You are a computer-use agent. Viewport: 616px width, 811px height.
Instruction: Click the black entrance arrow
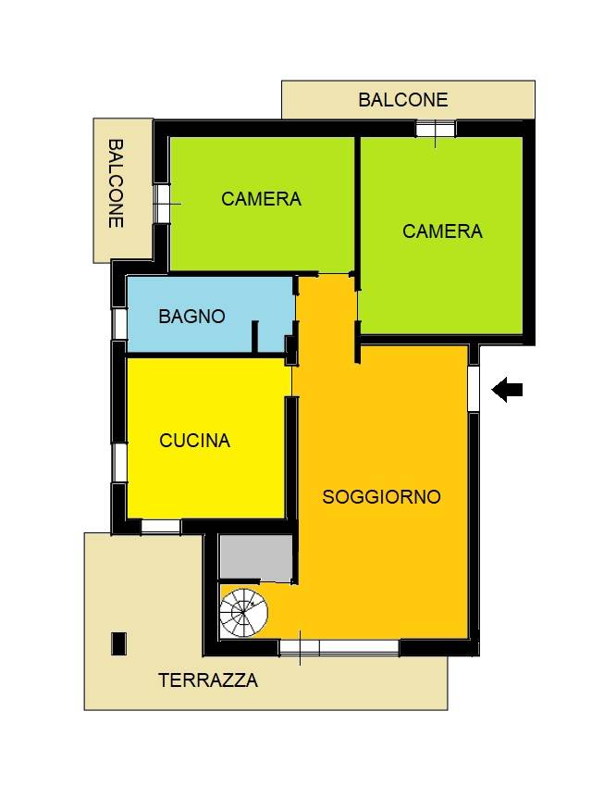coord(507,391)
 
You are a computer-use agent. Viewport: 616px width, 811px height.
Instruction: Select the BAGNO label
coord(191,316)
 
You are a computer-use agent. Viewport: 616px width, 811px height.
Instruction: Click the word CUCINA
coord(194,441)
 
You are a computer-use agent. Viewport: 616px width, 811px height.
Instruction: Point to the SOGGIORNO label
coord(381,497)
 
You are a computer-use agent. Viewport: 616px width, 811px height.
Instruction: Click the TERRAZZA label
coord(208,680)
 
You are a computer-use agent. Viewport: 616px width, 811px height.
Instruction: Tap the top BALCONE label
coord(403,100)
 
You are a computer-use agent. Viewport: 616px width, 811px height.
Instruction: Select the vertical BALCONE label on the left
coord(117,183)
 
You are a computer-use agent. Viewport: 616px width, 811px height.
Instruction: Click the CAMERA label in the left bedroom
coord(261,199)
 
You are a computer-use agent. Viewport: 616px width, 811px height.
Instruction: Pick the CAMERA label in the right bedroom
coord(442,231)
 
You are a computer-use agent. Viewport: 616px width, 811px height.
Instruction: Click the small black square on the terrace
coord(118,643)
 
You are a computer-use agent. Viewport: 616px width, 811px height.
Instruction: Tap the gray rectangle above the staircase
coord(256,558)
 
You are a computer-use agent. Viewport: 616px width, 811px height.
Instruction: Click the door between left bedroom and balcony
coord(162,203)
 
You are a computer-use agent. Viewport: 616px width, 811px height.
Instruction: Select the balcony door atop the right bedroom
coord(435,129)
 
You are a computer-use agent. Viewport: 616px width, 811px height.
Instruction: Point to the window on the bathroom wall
coord(119,323)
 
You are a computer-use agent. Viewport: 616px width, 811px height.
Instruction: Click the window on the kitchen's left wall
coord(119,461)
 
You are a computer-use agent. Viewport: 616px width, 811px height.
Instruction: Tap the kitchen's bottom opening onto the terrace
coord(161,526)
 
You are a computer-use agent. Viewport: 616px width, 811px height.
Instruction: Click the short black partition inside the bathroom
coord(254,336)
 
